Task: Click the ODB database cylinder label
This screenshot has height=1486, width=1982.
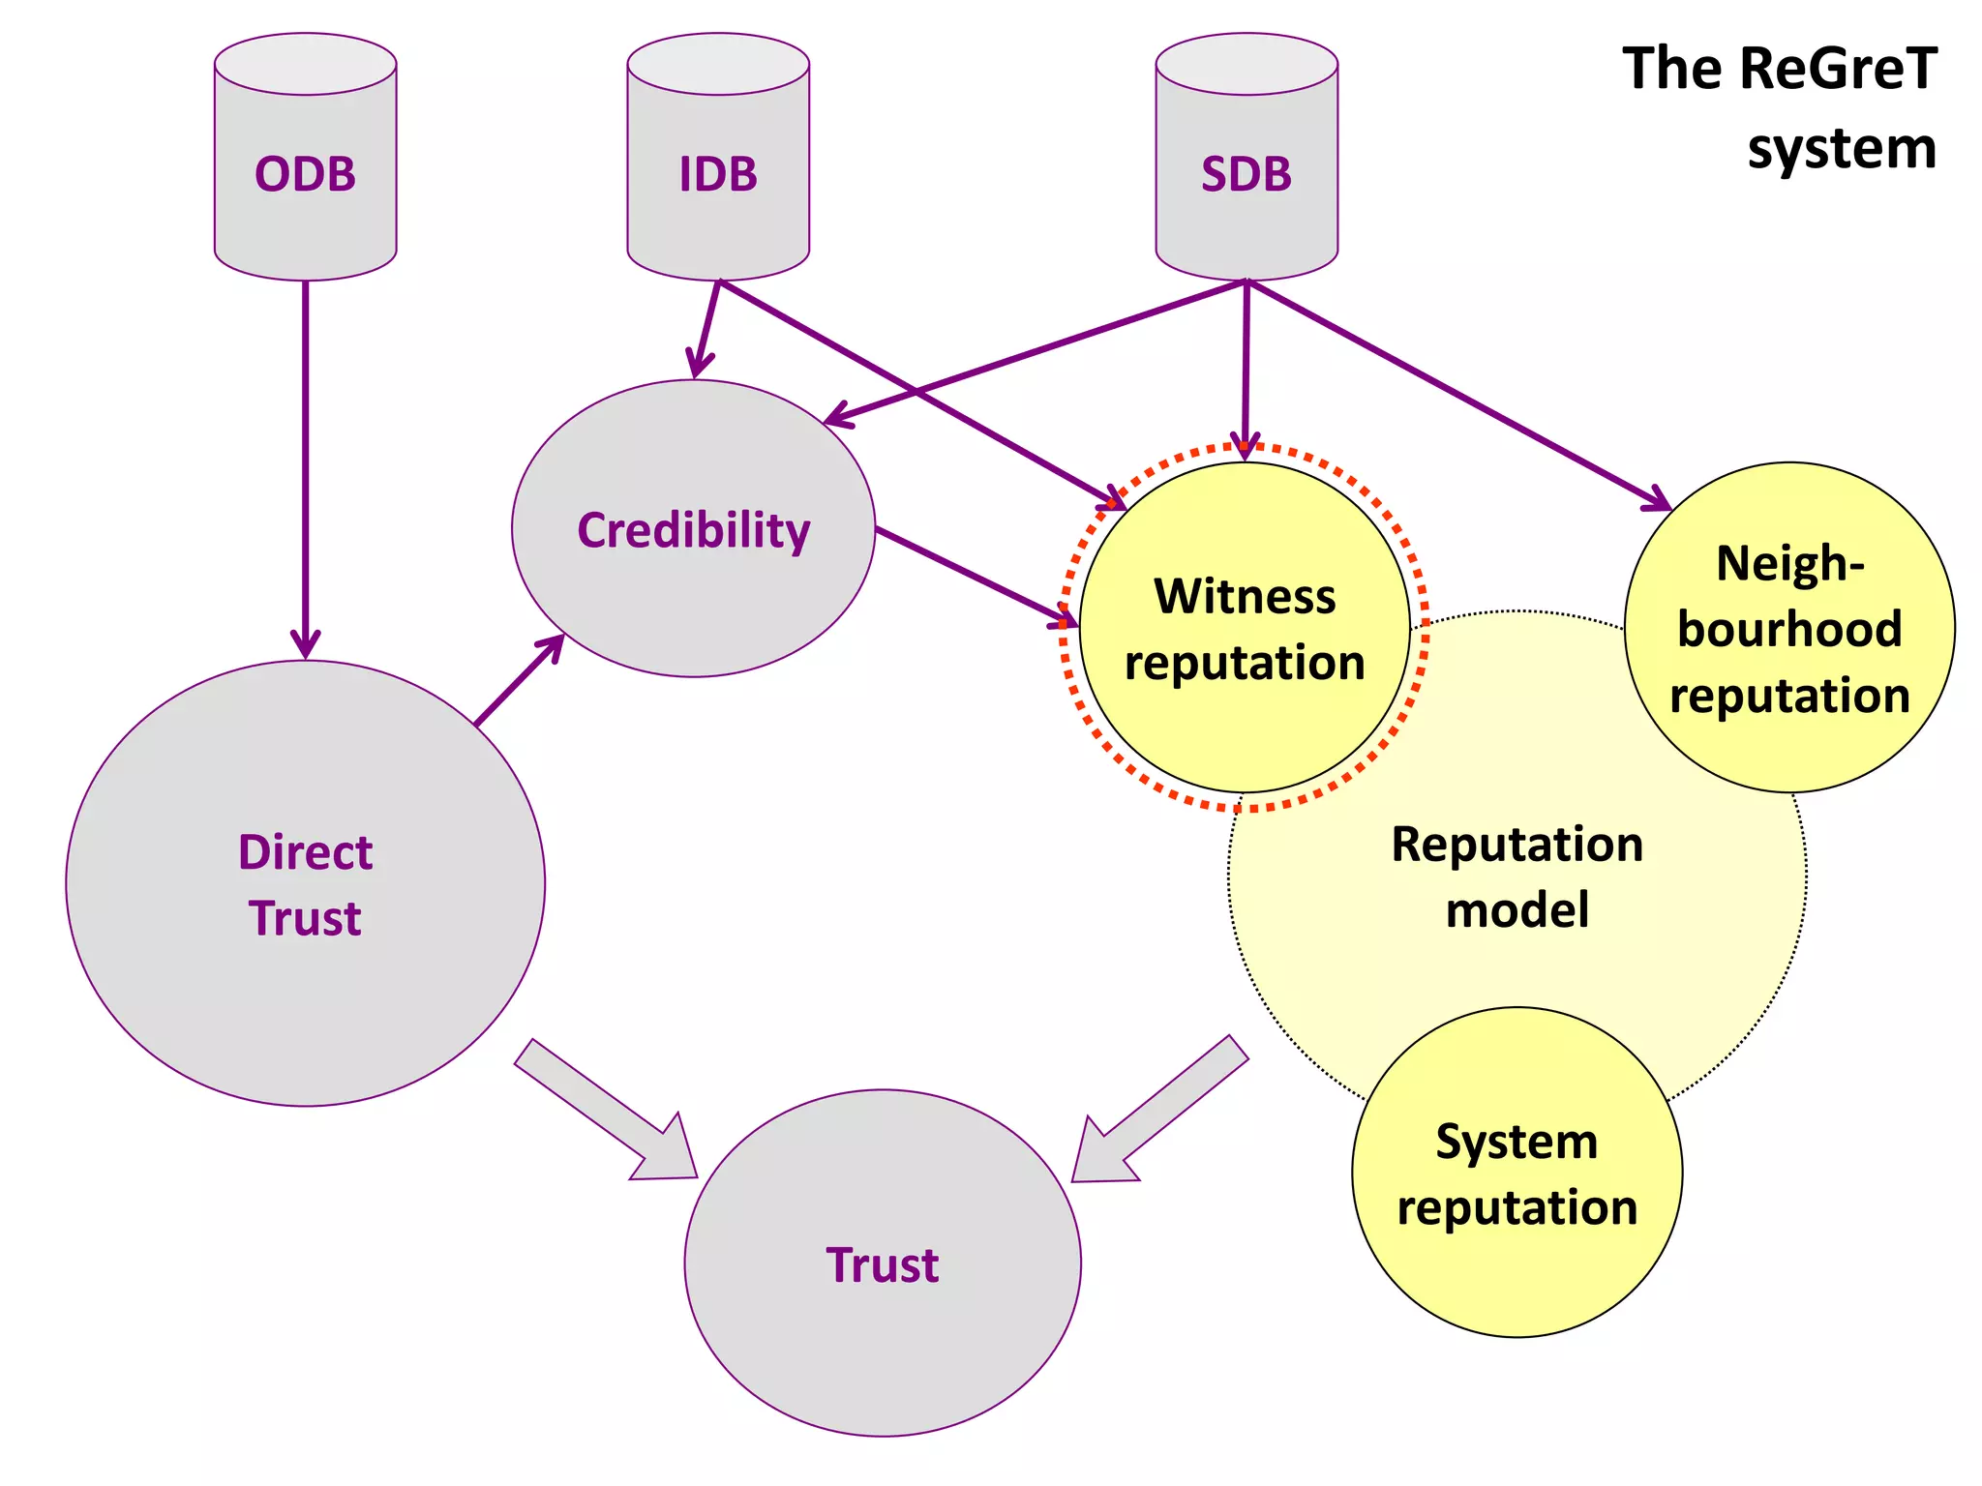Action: point(305,174)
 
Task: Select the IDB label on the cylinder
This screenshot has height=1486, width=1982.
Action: point(718,174)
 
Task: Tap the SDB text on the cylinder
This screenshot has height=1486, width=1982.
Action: point(1246,174)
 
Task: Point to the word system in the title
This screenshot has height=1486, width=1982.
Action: point(1842,149)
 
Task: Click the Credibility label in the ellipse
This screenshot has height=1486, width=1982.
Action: point(693,530)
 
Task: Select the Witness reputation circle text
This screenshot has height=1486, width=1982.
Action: point(1245,629)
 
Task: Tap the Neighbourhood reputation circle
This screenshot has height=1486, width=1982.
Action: point(1789,629)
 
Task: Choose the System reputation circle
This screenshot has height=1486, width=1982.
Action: point(1517,1174)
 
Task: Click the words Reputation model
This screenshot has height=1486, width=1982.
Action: point(1517,877)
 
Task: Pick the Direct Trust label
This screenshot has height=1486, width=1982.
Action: point(305,884)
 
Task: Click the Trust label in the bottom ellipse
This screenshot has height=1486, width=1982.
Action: point(882,1264)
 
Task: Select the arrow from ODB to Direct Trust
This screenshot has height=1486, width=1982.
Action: point(305,464)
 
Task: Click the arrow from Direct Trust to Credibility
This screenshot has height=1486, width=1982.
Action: point(518,681)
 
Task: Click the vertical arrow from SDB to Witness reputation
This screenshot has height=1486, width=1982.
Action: point(1246,368)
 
